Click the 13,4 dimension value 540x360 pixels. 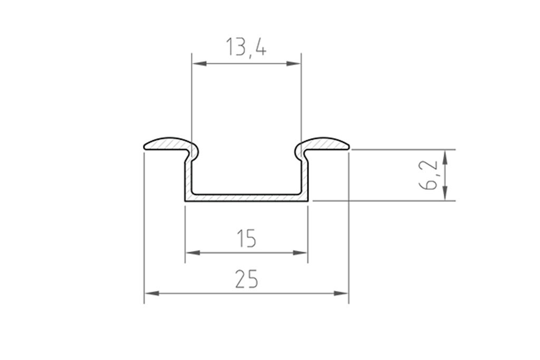tap(246, 47)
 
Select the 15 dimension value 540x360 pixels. tap(246, 239)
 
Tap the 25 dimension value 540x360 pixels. tap(246, 279)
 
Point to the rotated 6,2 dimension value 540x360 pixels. tap(431, 175)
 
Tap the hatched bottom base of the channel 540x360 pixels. tap(246, 198)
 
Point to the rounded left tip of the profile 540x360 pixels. tap(146, 146)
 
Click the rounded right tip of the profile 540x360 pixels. tap(348, 146)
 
